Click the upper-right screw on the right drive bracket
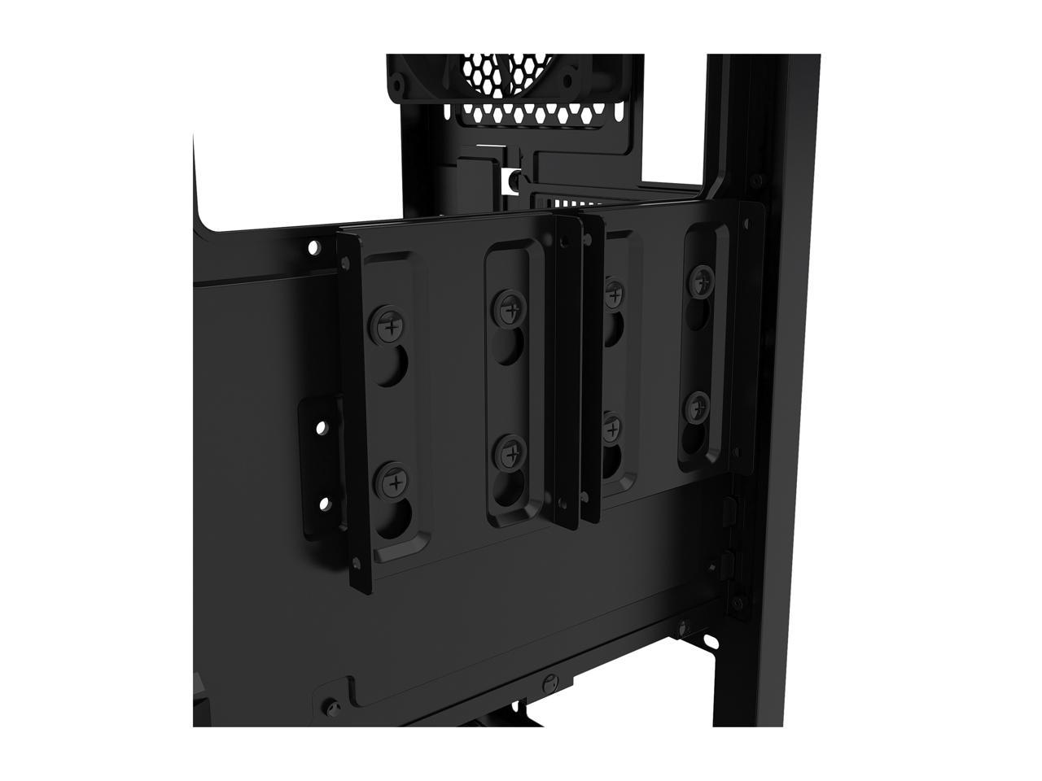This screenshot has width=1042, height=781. pos(698,281)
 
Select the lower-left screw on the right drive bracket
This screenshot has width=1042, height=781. pos(611,426)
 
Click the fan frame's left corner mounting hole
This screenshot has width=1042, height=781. pos(401,84)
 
